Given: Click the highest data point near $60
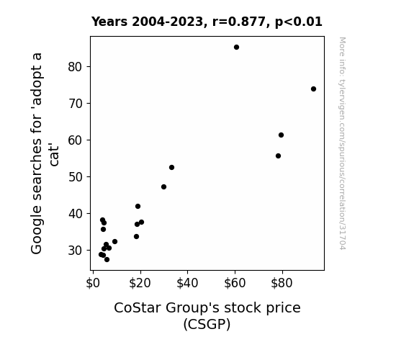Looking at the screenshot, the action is coord(237,48).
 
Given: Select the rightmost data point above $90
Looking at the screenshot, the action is coord(313,89).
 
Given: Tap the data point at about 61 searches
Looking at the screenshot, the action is coord(281,135).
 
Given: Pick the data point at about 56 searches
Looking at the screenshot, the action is coord(278,156).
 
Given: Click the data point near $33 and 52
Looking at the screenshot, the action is coord(171,168).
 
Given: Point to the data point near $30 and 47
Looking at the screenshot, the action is coord(163,187).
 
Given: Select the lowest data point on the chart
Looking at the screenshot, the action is coord(107,260).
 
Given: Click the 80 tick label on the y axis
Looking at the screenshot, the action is coord(74,67).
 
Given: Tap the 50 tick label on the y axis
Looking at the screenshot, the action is coord(74,177).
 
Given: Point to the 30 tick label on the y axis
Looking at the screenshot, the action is coord(74,251).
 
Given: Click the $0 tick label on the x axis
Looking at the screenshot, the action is coord(93,283).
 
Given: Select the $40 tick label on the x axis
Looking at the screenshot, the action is coord(187,283).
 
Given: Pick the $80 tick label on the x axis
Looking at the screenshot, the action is coord(282,283).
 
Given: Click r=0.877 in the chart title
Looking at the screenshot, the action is coord(239,22).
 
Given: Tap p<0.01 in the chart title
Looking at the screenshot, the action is coord(299,22).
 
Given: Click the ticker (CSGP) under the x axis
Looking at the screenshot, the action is coord(207,324).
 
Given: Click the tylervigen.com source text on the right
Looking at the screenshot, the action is coord(342,143).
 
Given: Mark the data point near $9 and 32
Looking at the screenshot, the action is coord(115,242).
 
